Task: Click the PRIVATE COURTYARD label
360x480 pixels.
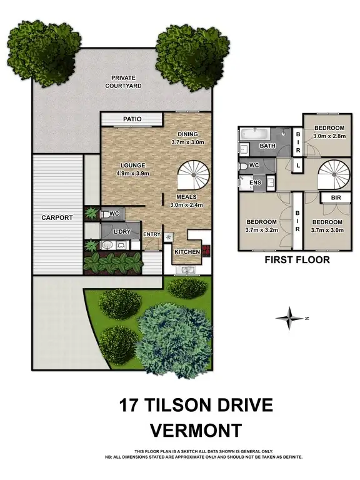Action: pyautogui.click(x=123, y=81)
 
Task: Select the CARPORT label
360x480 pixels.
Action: pyautogui.click(x=57, y=217)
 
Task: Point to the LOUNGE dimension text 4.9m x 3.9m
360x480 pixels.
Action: pyautogui.click(x=136, y=173)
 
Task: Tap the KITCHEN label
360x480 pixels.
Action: pyautogui.click(x=187, y=251)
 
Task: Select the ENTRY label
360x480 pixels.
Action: pyautogui.click(x=151, y=234)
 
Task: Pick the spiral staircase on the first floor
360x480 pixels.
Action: pyautogui.click(x=332, y=174)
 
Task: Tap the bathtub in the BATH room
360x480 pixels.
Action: pyautogui.click(x=254, y=134)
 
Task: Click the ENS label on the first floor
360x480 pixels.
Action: pyautogui.click(x=254, y=182)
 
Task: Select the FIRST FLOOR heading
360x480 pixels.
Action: pyautogui.click(x=297, y=260)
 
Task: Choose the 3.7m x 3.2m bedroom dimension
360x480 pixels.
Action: pyautogui.click(x=261, y=229)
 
